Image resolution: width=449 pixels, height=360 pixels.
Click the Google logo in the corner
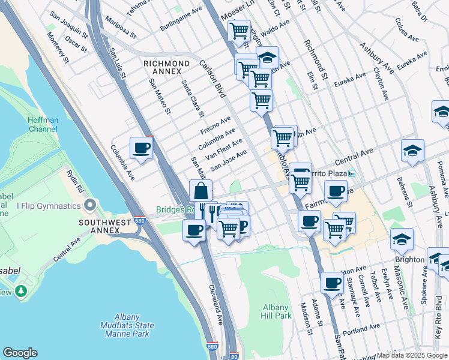pyautogui.click(x=20, y=353)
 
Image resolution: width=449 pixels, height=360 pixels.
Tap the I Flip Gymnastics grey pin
pyautogui.click(x=90, y=206)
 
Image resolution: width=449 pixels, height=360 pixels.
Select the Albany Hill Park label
pyautogui.click(x=277, y=311)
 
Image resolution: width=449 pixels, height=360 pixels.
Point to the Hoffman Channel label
pyautogui.click(x=43, y=124)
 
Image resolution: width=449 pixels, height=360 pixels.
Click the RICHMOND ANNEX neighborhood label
pyautogui.click(x=166, y=67)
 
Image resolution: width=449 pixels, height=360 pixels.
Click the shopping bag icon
pyautogui.click(x=201, y=191)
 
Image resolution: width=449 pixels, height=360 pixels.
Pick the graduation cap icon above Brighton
pyautogui.click(x=402, y=239)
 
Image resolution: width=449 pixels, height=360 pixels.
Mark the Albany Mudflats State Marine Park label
pyautogui.click(x=127, y=325)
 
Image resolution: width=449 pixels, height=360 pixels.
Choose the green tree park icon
pyautogui.click(x=22, y=290)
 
